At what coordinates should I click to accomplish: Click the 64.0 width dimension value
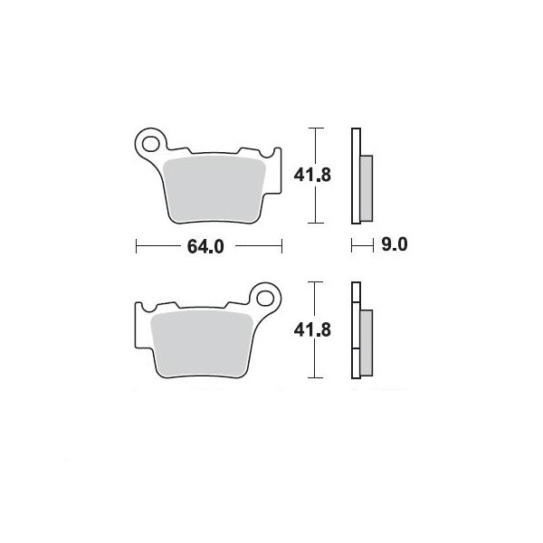tap(205, 246)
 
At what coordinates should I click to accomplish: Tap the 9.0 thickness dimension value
tap(395, 244)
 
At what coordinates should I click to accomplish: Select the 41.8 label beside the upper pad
tap(312, 175)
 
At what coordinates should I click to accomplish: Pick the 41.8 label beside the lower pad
tap(312, 329)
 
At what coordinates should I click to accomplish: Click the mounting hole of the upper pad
tap(151, 144)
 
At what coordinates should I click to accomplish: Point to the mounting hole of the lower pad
tap(265, 299)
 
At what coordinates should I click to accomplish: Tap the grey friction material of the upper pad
tap(214, 190)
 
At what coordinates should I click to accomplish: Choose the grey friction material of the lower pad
tap(202, 344)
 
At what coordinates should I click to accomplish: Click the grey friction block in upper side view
tap(367, 188)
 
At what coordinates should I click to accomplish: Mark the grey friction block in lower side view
tap(367, 343)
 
